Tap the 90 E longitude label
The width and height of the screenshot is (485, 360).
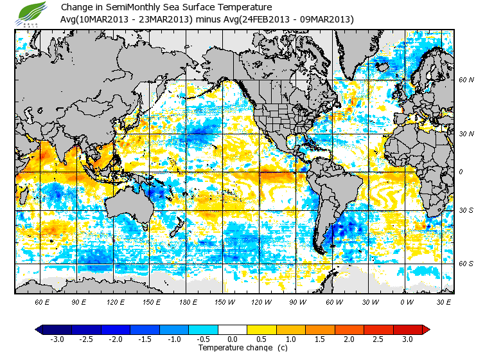pos(79,301)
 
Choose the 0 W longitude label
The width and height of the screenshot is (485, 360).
pos(405,301)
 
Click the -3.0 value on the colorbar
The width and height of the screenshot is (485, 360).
pos(57,339)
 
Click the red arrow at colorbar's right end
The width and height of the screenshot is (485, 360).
pos(425,329)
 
